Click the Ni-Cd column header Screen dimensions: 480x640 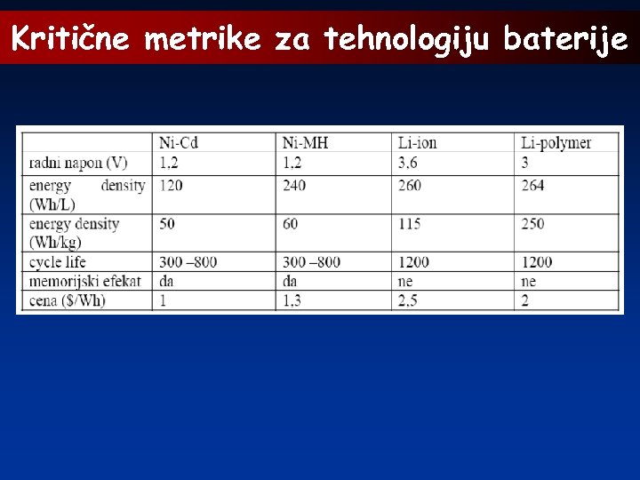179,143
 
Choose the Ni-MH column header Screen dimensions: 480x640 303,143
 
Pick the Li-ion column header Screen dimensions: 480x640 417,143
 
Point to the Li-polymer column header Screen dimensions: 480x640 556,143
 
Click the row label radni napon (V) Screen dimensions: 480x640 78,163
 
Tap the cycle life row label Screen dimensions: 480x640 57,261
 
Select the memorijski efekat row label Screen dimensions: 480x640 85,281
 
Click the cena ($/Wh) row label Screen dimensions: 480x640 67,300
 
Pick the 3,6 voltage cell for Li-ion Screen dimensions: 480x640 408,163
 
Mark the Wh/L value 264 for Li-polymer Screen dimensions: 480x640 532,186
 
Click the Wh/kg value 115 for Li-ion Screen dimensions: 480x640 409,224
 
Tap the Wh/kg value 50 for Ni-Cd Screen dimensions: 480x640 167,224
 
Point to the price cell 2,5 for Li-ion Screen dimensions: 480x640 408,300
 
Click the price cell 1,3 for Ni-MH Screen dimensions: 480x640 292,300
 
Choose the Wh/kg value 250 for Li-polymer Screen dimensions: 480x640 532,224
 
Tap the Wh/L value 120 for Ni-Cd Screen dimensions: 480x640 171,186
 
